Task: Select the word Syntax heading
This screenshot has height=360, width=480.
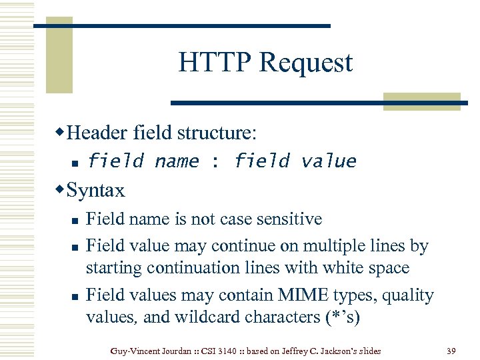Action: (96, 191)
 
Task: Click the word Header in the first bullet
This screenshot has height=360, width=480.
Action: (98, 133)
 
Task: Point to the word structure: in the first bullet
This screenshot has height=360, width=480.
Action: (216, 133)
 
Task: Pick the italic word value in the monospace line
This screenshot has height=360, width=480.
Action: (329, 161)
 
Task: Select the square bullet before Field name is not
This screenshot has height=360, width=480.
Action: (75, 220)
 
